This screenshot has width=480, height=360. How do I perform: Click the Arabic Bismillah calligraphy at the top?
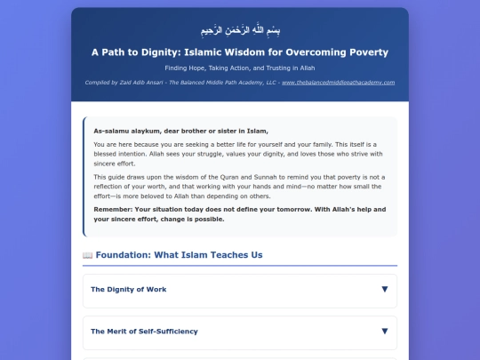tap(239, 30)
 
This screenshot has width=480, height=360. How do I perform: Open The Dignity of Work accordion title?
tap(128, 290)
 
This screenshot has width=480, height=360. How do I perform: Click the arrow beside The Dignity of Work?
tap(384, 290)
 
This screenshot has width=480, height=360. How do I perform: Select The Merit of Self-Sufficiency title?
tap(144, 331)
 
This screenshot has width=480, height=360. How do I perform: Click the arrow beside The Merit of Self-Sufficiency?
tap(384, 331)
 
